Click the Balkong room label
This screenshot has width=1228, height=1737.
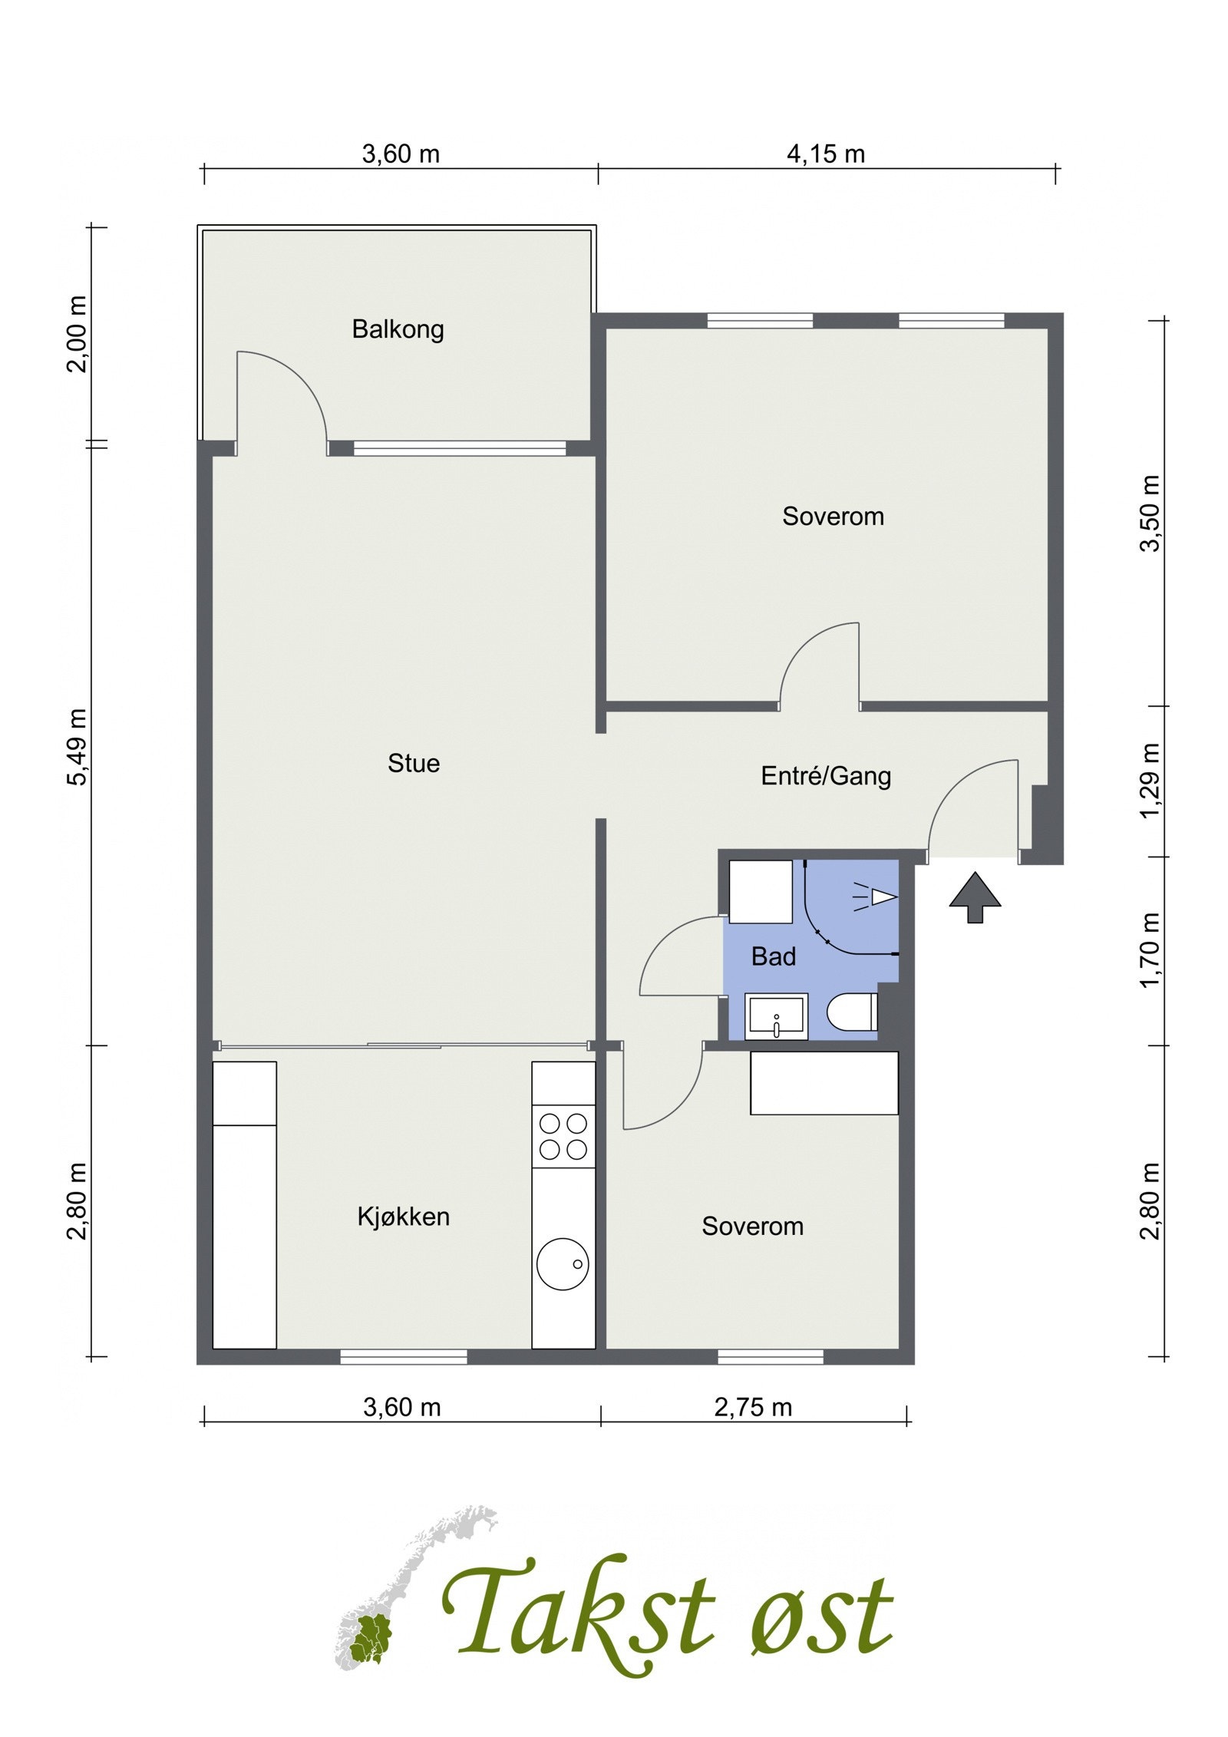point(398,330)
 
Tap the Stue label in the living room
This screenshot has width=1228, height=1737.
point(414,763)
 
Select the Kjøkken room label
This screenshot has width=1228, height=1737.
point(403,1217)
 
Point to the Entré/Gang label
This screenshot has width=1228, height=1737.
point(826,776)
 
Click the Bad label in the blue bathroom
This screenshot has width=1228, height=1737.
point(773,956)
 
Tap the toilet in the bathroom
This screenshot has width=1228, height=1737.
point(852,1012)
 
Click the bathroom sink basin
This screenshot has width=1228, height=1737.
point(777,1016)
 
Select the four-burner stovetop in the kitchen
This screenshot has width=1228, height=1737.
point(563,1136)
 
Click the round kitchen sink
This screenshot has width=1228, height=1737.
point(563,1264)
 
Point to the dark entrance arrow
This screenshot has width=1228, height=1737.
point(975,897)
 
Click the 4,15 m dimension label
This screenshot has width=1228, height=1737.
point(826,154)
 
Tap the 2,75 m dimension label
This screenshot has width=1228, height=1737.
point(753,1407)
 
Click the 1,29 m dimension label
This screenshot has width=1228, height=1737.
point(1150,781)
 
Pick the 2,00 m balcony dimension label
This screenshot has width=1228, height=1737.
point(77,334)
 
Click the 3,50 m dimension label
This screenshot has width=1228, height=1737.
point(1150,513)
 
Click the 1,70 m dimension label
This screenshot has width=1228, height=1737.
point(1150,950)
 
